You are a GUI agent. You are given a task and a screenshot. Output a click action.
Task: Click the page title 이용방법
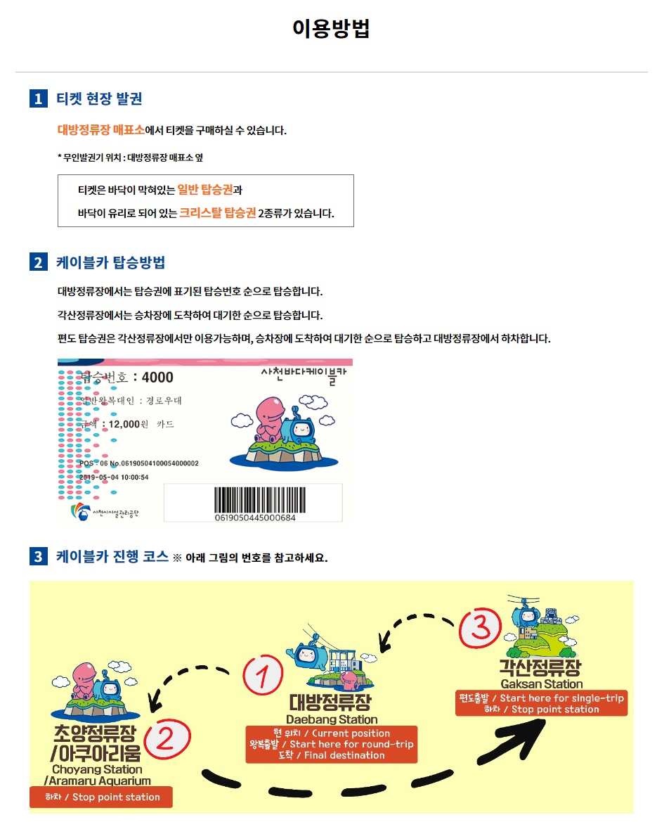click(331, 29)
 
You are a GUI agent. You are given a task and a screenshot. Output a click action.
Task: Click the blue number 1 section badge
click(38, 98)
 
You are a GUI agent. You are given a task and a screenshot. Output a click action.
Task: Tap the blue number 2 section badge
click(38, 263)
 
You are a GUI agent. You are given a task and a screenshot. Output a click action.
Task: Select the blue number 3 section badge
click(38, 557)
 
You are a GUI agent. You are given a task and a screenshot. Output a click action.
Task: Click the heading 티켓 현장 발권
click(99, 98)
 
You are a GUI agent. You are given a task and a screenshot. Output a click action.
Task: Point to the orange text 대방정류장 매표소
click(100, 130)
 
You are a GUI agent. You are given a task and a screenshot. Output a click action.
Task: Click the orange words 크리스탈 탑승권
click(217, 212)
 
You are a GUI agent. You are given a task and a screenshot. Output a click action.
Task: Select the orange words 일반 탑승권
click(204, 188)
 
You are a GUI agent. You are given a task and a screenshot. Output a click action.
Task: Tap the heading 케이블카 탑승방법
click(110, 263)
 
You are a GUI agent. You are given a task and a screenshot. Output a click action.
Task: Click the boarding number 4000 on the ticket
click(157, 378)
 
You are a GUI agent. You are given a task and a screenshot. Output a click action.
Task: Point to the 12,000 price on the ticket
click(124, 424)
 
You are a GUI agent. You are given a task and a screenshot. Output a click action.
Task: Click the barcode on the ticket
click(255, 500)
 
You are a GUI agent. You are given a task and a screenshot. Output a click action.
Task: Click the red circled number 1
click(261, 676)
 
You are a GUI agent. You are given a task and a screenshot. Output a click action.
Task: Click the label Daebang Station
click(332, 719)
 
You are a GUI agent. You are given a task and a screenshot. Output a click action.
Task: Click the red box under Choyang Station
click(101, 797)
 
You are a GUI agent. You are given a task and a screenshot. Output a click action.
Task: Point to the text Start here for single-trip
click(561, 698)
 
